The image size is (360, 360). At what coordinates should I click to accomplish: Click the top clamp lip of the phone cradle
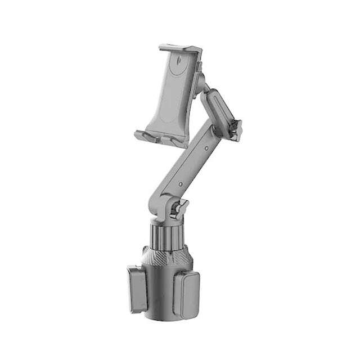pos(178,49)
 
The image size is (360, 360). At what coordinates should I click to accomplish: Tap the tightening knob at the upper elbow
pos(236,130)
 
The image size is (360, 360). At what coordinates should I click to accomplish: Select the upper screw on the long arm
pos(207,149)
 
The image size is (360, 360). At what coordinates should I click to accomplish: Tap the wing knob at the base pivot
pos(179,209)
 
